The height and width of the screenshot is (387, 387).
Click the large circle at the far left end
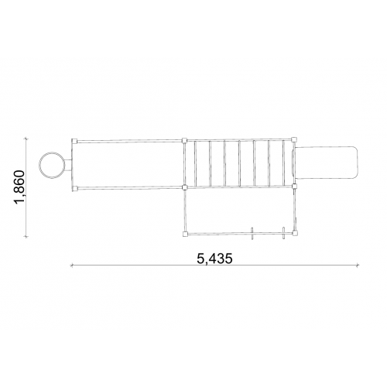click(39, 165)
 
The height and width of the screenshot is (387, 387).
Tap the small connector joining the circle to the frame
click(67, 165)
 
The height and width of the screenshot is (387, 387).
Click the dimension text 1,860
click(20, 187)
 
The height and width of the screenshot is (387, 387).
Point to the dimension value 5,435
click(214, 259)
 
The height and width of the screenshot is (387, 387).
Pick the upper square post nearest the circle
click(74, 142)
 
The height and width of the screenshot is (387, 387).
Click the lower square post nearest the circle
click(74, 189)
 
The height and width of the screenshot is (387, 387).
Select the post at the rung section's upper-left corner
click(184, 141)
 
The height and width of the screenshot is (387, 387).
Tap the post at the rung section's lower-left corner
click(184, 187)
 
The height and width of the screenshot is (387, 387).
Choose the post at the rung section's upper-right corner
click(294, 140)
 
